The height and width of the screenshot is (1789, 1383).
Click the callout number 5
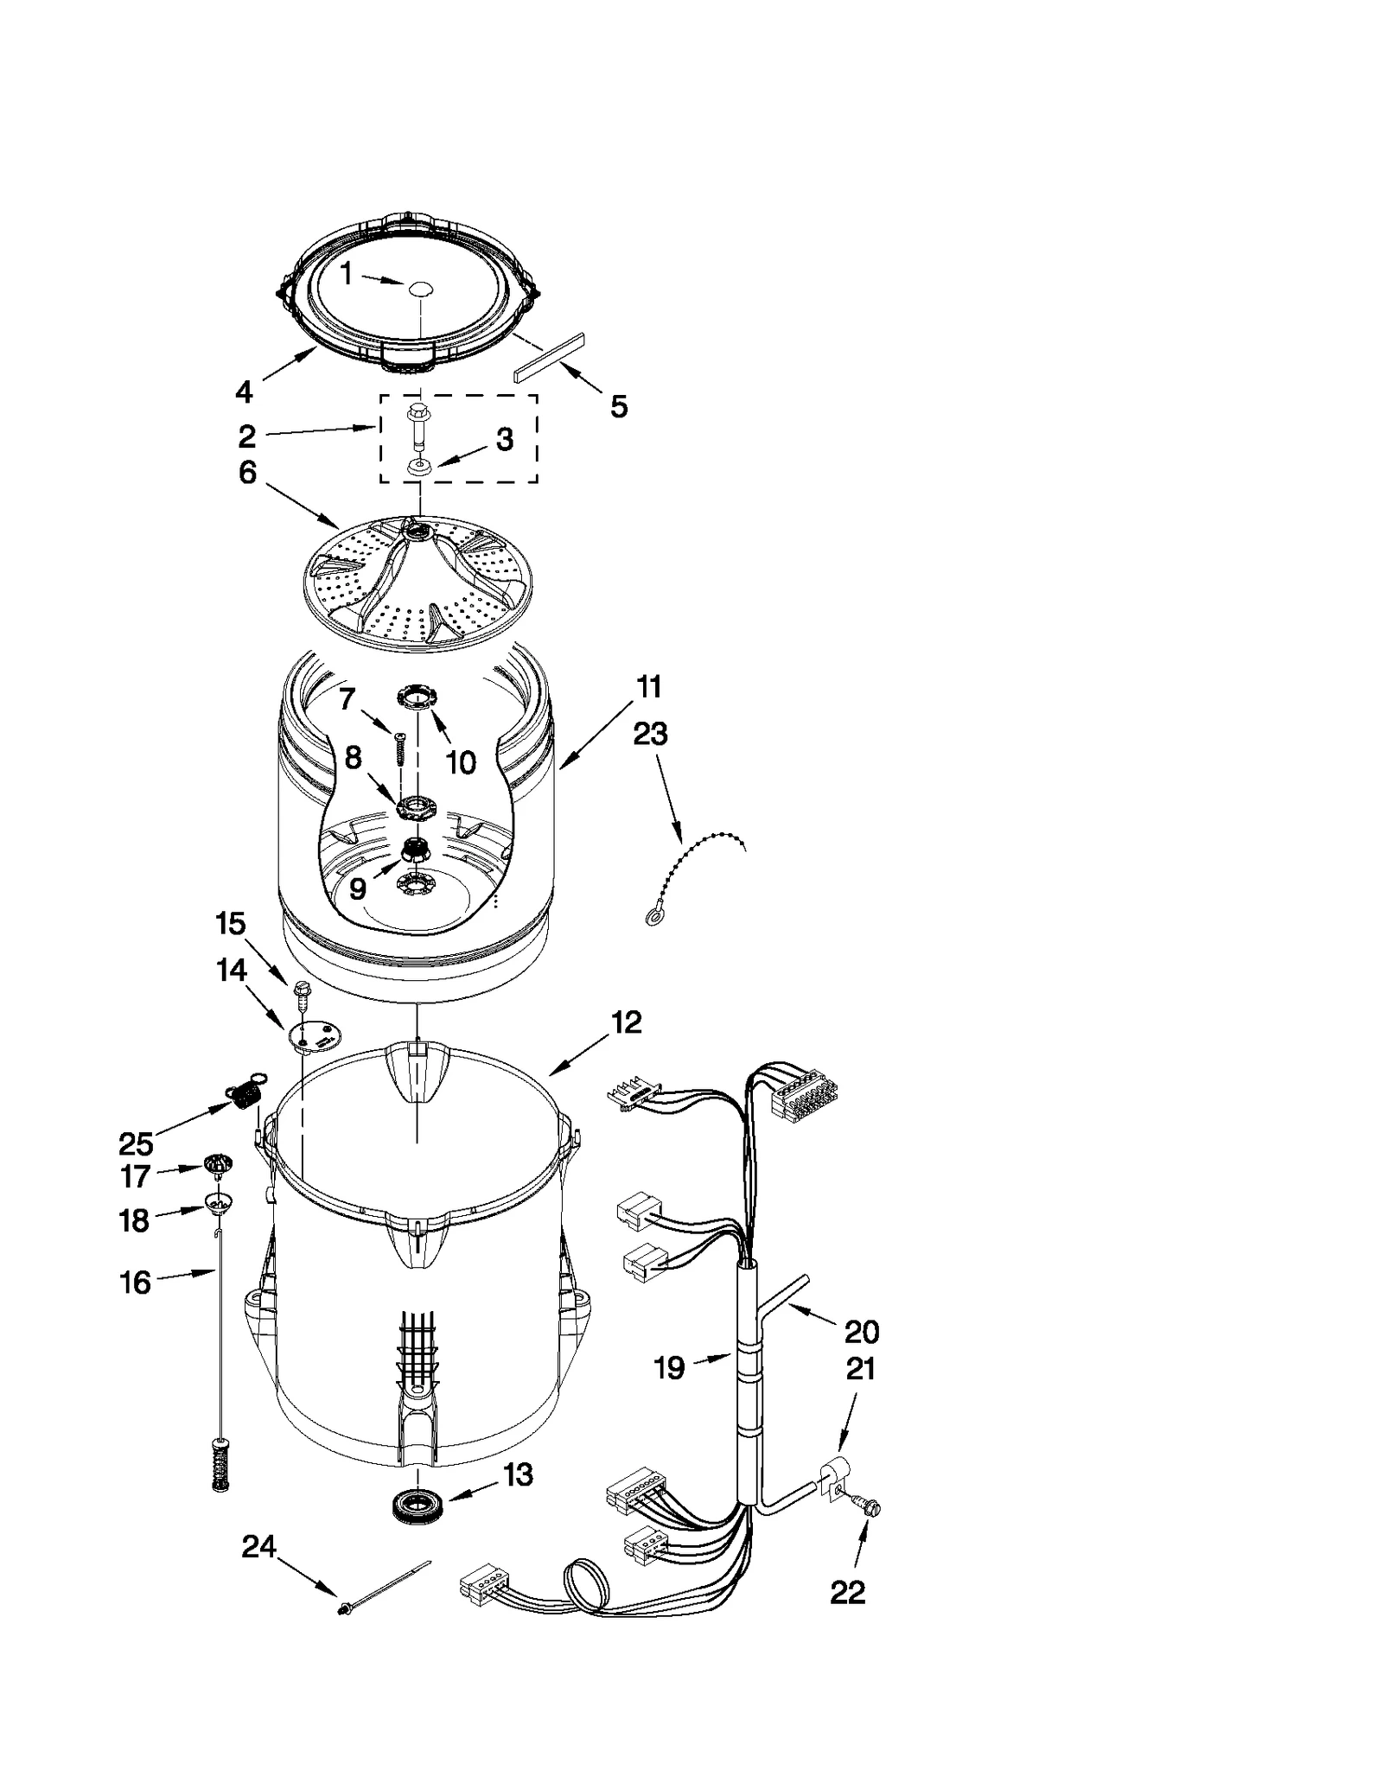(619, 406)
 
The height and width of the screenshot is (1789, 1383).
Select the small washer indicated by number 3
(419, 467)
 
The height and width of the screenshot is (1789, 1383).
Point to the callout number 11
(649, 687)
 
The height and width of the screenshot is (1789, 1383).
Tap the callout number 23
(650, 734)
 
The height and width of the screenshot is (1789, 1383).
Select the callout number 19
(669, 1367)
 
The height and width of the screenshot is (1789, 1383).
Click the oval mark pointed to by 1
(420, 289)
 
